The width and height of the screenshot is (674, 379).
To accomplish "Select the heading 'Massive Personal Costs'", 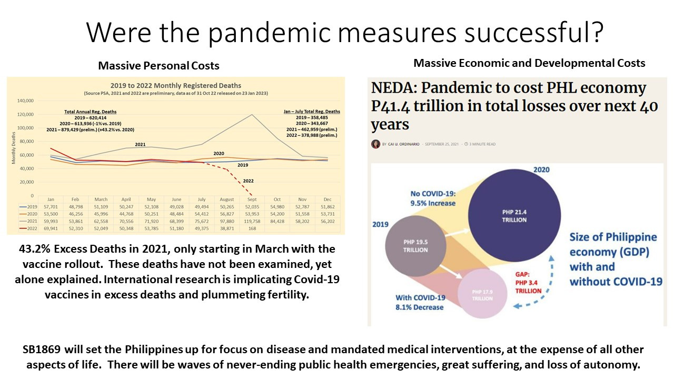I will point(158,66).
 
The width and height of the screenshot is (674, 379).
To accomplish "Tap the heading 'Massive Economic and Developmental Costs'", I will point(529,63).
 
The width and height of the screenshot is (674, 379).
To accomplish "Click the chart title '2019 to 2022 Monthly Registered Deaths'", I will point(176,85).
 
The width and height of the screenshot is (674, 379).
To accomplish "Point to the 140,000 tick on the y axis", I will point(25,101).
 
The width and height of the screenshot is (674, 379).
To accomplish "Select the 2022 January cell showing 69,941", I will point(51,228).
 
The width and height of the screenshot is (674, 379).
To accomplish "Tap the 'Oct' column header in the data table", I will point(277,200).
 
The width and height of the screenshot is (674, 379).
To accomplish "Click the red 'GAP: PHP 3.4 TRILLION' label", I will point(528,283).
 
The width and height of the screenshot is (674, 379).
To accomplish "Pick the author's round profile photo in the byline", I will point(375,144).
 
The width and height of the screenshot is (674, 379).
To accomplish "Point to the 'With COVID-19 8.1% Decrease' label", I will point(420,303).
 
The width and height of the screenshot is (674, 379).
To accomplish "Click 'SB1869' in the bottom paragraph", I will point(46,350).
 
